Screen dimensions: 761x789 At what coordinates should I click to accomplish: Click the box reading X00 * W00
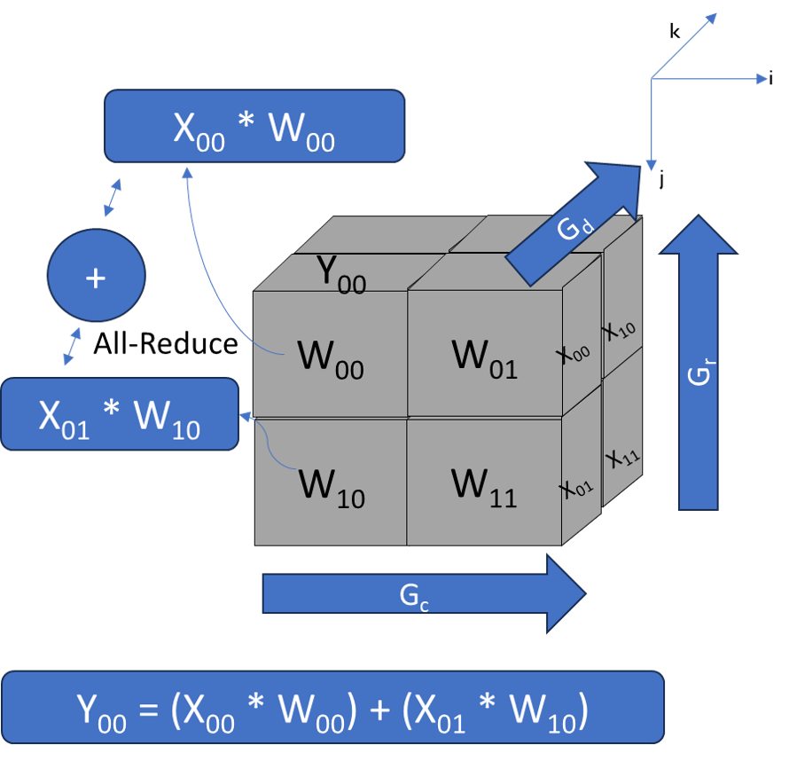click(x=254, y=126)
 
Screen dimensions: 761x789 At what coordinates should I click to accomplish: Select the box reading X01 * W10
click(x=120, y=414)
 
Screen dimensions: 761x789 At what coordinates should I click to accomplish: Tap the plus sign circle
click(x=95, y=276)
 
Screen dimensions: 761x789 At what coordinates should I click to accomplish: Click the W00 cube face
click(x=331, y=355)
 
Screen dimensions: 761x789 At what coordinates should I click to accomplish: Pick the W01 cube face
click(x=484, y=355)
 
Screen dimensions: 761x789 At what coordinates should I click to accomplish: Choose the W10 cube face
click(x=331, y=484)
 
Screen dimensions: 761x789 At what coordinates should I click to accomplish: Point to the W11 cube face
click(x=484, y=484)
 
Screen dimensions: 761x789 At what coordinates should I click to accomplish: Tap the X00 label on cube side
click(x=574, y=353)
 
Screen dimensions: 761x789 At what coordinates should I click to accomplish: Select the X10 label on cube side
click(x=620, y=330)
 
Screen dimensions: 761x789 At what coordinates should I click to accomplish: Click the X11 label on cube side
click(x=622, y=459)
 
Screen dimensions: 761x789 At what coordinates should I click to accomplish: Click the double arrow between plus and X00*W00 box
click(x=113, y=197)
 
